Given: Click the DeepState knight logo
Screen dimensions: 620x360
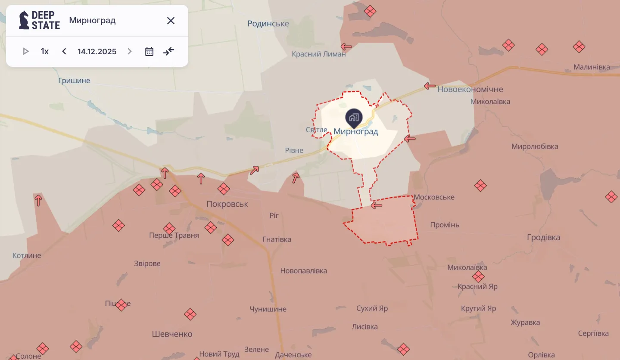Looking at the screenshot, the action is [x=24, y=20].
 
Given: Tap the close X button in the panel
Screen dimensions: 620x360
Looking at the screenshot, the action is [x=171, y=21].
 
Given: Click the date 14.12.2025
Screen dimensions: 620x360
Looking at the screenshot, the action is [x=97, y=52].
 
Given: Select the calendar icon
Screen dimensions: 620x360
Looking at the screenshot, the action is [x=149, y=52].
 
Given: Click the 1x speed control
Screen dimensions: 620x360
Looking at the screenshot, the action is [x=45, y=52].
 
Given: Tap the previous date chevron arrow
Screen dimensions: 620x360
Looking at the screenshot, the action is [x=64, y=52].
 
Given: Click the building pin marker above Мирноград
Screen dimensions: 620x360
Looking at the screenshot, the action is [x=354, y=118].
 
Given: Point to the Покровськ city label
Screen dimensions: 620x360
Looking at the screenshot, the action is [x=227, y=204].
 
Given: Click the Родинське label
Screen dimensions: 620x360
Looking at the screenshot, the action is [x=268, y=24].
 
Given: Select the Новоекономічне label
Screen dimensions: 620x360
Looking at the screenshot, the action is [x=470, y=90].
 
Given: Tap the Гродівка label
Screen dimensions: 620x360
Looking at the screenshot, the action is [x=543, y=238].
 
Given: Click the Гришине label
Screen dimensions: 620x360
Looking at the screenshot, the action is [x=74, y=81].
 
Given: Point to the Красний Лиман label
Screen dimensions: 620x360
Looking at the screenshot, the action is [x=318, y=54].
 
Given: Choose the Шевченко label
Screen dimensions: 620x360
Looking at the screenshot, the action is [x=172, y=334].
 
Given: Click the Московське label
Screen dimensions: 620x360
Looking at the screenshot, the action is [x=434, y=197].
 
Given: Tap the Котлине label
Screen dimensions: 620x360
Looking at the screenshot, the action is [x=27, y=255].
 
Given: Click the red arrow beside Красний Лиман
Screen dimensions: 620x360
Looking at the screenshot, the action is [x=346, y=47].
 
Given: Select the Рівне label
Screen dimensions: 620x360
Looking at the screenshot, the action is [x=294, y=151].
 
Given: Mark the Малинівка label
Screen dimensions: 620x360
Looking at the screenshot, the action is [x=592, y=67].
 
